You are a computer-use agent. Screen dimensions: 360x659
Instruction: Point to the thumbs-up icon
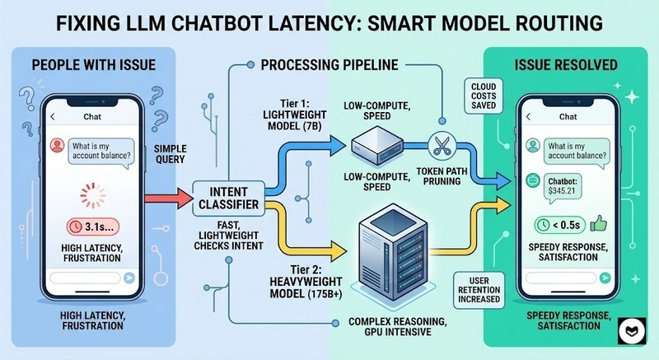(597, 222)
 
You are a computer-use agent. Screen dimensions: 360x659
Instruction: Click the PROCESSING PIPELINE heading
(328, 64)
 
